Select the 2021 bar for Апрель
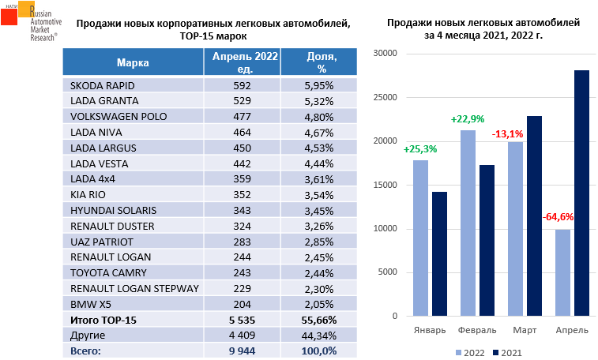pos(582,193)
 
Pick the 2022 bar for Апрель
pos(562,273)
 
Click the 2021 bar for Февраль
pos(487,241)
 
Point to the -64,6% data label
pos(557,216)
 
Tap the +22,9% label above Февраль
pos(467,119)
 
